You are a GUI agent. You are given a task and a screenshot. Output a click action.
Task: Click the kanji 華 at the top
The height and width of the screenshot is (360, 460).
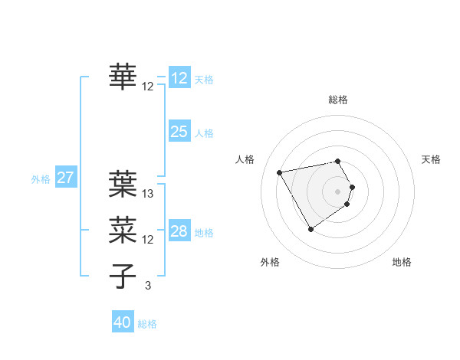[x=123, y=77]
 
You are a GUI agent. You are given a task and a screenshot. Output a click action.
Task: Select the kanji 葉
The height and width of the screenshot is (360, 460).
[x=123, y=184]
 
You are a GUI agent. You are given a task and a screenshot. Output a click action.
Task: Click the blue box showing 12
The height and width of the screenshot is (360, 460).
[x=179, y=78]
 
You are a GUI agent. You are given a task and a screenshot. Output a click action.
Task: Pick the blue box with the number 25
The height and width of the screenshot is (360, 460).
[x=179, y=132]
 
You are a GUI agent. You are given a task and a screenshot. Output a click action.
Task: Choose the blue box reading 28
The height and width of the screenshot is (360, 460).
[x=179, y=231]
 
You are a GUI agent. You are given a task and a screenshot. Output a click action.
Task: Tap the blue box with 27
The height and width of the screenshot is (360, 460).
[x=66, y=178]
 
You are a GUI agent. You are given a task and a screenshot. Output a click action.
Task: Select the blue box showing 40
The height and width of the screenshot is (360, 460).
[x=123, y=322]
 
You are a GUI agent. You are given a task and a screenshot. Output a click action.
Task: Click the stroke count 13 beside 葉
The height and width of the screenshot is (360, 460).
[x=148, y=194]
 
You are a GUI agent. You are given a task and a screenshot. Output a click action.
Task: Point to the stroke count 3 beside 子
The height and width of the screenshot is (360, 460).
[x=148, y=285]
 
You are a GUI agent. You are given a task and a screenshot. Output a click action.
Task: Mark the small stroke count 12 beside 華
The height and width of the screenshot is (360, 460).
[x=148, y=86]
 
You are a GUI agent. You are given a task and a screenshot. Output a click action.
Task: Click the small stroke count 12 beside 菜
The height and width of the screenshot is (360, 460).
[x=148, y=240]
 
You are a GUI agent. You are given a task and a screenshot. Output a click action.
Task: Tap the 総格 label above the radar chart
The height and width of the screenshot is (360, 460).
[x=338, y=100]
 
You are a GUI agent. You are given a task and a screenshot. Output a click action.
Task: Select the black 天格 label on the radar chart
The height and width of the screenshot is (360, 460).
[x=431, y=159]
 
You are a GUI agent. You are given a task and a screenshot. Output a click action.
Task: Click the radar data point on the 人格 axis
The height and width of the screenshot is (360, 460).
[x=281, y=172]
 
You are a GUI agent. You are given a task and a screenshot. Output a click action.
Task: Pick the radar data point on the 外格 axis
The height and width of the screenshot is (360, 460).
[x=310, y=229]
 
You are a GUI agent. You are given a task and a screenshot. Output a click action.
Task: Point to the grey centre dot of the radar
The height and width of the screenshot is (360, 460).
[x=338, y=191]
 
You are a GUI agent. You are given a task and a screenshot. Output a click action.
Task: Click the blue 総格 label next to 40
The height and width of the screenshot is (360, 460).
[x=147, y=324]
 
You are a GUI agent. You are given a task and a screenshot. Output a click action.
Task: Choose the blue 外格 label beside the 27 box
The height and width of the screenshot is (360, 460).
[x=41, y=179]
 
